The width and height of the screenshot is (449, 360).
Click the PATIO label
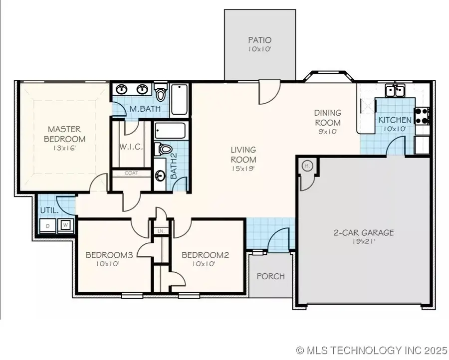point(259,40)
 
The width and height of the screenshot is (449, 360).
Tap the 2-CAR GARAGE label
point(363,232)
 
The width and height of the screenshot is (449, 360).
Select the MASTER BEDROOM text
point(64,134)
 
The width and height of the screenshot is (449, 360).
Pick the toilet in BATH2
point(164,148)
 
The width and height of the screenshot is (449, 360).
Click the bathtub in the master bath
point(179,99)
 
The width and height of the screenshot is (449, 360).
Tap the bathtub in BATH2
point(170,132)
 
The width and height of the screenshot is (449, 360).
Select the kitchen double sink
point(395,90)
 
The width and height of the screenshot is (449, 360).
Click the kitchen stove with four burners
point(423,116)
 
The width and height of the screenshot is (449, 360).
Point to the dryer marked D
point(48,226)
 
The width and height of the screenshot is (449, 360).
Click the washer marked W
point(65,225)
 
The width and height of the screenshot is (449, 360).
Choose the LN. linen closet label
point(161,231)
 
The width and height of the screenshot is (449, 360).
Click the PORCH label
point(270,276)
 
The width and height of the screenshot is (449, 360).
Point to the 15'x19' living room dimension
point(243,169)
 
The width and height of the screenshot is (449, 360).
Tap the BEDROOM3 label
point(109,255)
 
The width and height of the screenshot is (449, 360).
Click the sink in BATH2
point(161,176)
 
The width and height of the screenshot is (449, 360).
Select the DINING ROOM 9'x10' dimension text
point(327,132)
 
